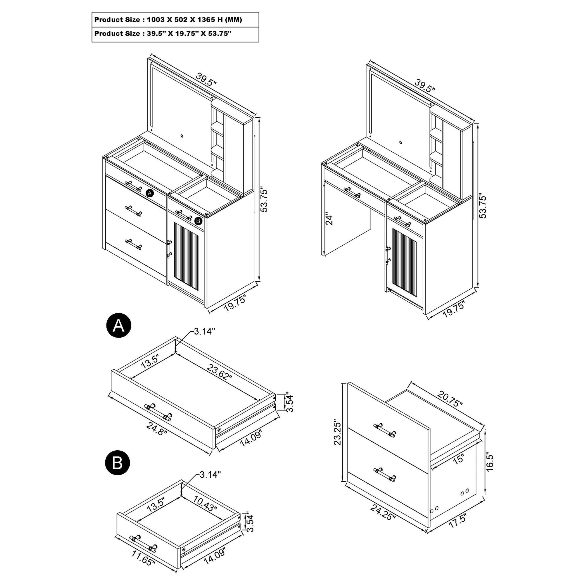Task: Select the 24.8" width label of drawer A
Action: point(157,429)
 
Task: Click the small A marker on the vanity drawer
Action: point(150,193)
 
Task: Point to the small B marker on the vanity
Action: point(198,221)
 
